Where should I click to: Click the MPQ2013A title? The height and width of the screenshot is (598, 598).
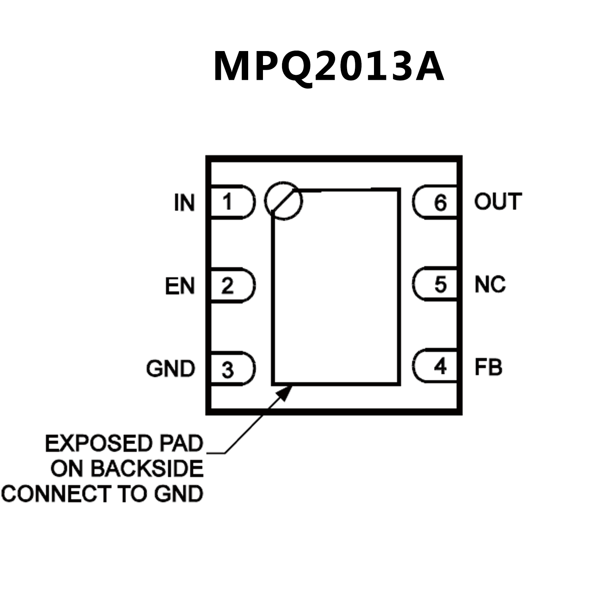tap(328, 67)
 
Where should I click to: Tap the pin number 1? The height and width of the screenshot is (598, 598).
tap(227, 202)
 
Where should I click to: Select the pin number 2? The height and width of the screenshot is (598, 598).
tap(227, 286)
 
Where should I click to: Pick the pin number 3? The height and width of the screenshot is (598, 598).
tap(228, 369)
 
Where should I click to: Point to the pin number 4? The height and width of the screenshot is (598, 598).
tap(440, 366)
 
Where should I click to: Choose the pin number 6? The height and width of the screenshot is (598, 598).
tap(440, 203)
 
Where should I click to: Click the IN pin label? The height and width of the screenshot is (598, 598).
tap(184, 203)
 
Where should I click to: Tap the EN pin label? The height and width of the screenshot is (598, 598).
tap(180, 286)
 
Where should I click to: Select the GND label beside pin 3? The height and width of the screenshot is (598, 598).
tap(170, 369)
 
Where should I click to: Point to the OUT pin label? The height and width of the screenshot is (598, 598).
tap(497, 201)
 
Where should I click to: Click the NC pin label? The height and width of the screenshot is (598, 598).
tap(490, 284)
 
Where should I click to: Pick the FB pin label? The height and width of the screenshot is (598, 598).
tap(488, 367)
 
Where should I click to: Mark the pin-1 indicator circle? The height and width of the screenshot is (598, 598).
tap(283, 201)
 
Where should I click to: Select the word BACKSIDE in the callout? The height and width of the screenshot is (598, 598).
tap(148, 469)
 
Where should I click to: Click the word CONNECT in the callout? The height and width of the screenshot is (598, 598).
tap(56, 494)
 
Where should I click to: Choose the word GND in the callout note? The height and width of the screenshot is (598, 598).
tap(179, 494)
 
